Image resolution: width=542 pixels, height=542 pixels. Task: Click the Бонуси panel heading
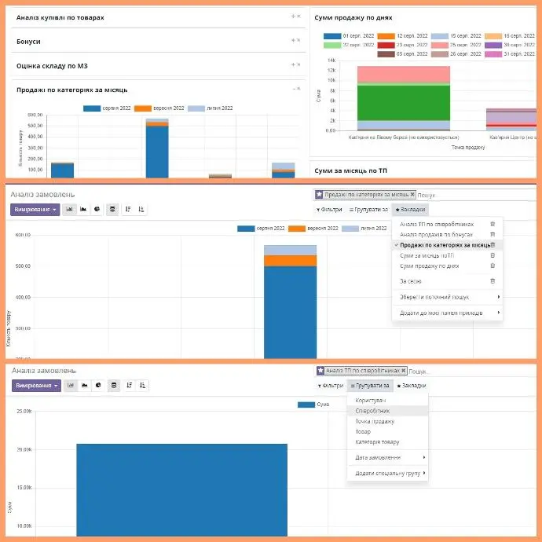coord(28,41)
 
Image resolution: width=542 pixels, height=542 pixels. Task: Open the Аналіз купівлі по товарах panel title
coord(60,17)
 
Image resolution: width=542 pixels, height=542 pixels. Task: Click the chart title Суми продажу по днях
coord(353,17)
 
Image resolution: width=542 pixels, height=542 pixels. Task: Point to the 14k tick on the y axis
coord(331,60)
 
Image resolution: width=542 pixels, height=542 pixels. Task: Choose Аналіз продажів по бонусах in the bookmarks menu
coord(438,234)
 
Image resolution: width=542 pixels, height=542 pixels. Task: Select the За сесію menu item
coord(412,280)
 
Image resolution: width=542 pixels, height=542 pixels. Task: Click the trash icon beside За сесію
coord(493,280)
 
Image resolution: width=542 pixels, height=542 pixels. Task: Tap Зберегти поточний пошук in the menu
coord(435,297)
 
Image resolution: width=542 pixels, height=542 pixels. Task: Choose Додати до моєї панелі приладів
coord(441,313)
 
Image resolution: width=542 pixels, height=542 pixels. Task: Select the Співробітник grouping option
coord(373,411)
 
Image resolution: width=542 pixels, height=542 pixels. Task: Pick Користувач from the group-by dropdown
coord(372,400)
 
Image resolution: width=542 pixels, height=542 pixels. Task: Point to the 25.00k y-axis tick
coord(23,411)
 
